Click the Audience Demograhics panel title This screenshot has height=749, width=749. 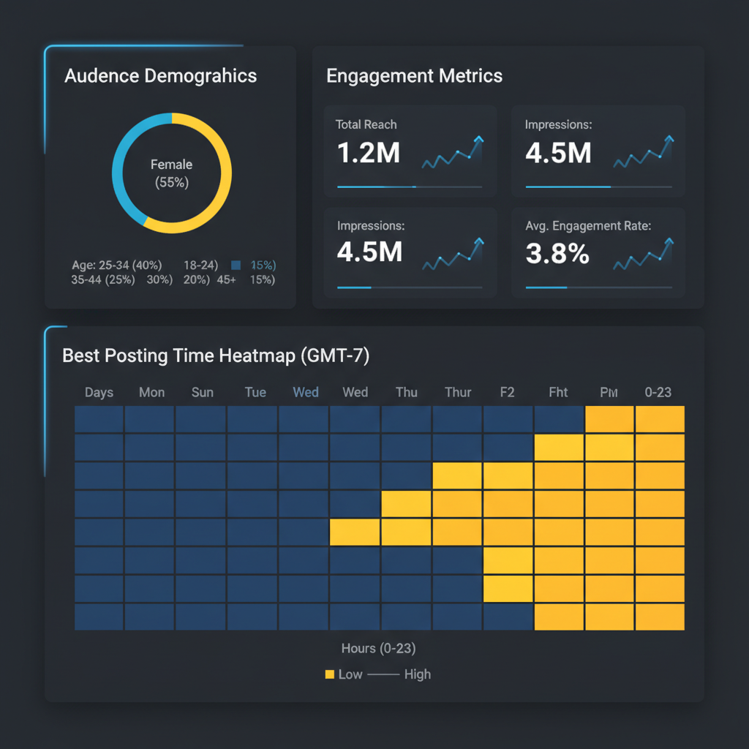160,76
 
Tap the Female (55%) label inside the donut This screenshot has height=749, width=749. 172,173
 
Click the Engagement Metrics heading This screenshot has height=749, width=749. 414,76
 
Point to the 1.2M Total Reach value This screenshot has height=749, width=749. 368,153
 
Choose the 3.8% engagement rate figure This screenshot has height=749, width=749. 557,254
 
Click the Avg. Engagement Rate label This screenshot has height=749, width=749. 588,226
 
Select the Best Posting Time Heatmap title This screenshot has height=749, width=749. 216,356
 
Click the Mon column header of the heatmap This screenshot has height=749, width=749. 151,392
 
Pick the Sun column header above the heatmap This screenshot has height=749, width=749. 203,392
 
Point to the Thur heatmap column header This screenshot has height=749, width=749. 458,392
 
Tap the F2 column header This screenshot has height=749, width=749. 508,392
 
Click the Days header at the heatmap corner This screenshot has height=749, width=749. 99,392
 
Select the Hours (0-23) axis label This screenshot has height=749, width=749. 378,648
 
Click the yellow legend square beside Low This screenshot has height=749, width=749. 329,674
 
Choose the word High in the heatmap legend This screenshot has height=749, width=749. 417,674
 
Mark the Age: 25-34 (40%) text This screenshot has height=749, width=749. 117,265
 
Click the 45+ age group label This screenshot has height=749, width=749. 227,279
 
